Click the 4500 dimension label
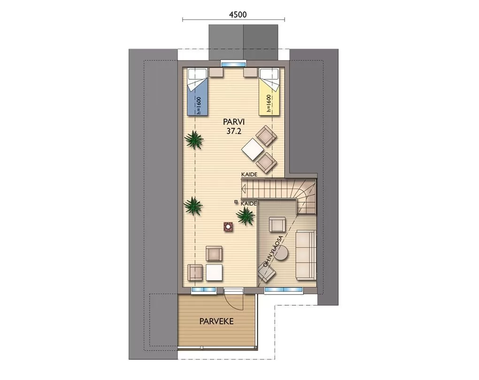237,15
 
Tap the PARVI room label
234,122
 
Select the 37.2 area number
234,131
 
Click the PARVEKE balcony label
216,321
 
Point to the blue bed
198,92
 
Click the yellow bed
269,92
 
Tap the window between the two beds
234,64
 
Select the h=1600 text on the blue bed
198,105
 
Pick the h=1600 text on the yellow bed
269,104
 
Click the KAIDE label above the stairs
249,174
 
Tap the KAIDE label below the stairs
249,204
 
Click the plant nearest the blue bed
193,140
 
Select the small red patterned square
228,227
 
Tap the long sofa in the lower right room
306,255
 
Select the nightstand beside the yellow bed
250,72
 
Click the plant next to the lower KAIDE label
245,216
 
